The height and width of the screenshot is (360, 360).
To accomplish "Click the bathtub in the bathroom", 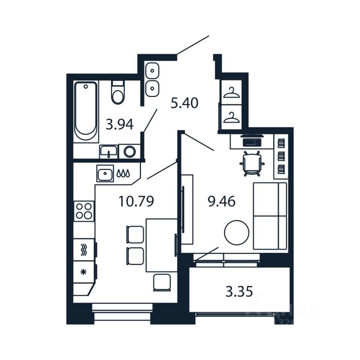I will (x=86, y=111).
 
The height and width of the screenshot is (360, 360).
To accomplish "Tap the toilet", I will (x=118, y=94).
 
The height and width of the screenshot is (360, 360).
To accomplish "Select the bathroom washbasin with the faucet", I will (x=108, y=152).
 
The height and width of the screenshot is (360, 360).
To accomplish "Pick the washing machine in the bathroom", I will (x=130, y=151).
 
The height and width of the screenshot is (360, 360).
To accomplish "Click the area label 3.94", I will (x=120, y=124).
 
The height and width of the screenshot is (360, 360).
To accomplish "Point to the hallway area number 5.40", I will (x=184, y=103).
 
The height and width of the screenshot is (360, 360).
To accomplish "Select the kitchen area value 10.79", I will (x=136, y=202).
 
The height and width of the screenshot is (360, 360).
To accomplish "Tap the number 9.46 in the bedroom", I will (x=222, y=202).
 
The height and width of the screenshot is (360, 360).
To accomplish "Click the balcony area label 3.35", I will (x=239, y=291).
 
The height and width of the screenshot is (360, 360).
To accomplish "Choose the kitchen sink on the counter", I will (x=105, y=174).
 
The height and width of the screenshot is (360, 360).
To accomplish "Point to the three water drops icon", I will (x=123, y=174).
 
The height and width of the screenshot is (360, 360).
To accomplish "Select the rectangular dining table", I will (x=161, y=245).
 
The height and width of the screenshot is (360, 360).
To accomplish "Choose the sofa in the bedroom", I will (x=270, y=216).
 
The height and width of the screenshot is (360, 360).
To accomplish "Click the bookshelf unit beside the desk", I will (x=281, y=156).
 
